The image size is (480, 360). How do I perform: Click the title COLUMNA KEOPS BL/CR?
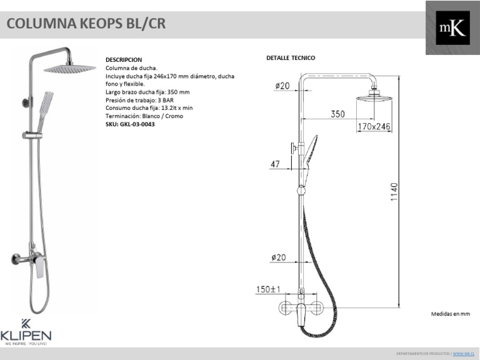(x=86, y=24)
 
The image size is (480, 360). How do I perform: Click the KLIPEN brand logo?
(x=27, y=331)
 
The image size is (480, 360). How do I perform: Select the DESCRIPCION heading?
(x=124, y=60)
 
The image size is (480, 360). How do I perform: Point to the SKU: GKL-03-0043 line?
(x=130, y=124)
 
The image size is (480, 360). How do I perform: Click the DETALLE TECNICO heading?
(x=291, y=57)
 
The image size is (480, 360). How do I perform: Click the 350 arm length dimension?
(x=338, y=114)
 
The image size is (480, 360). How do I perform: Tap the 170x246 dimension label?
(x=374, y=127)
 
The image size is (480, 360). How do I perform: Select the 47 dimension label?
(x=274, y=164)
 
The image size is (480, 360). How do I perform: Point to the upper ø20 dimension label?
(x=281, y=86)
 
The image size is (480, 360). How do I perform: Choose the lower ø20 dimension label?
(x=279, y=257)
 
